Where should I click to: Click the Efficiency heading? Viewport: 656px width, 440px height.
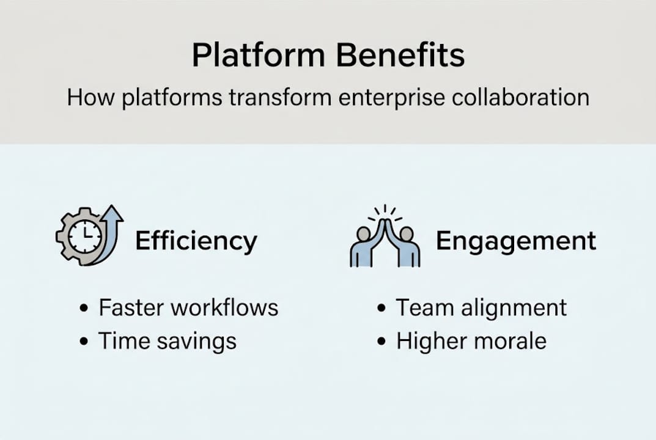pos(196,241)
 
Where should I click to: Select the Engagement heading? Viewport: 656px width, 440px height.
pos(515,241)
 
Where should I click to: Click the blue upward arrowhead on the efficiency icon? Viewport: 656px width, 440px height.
pos(114,213)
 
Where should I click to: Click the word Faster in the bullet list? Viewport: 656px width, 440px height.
pos(131,307)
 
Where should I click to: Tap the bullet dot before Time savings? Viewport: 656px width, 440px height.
pos(84,342)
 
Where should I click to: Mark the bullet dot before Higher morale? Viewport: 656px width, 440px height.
pos(382,342)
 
